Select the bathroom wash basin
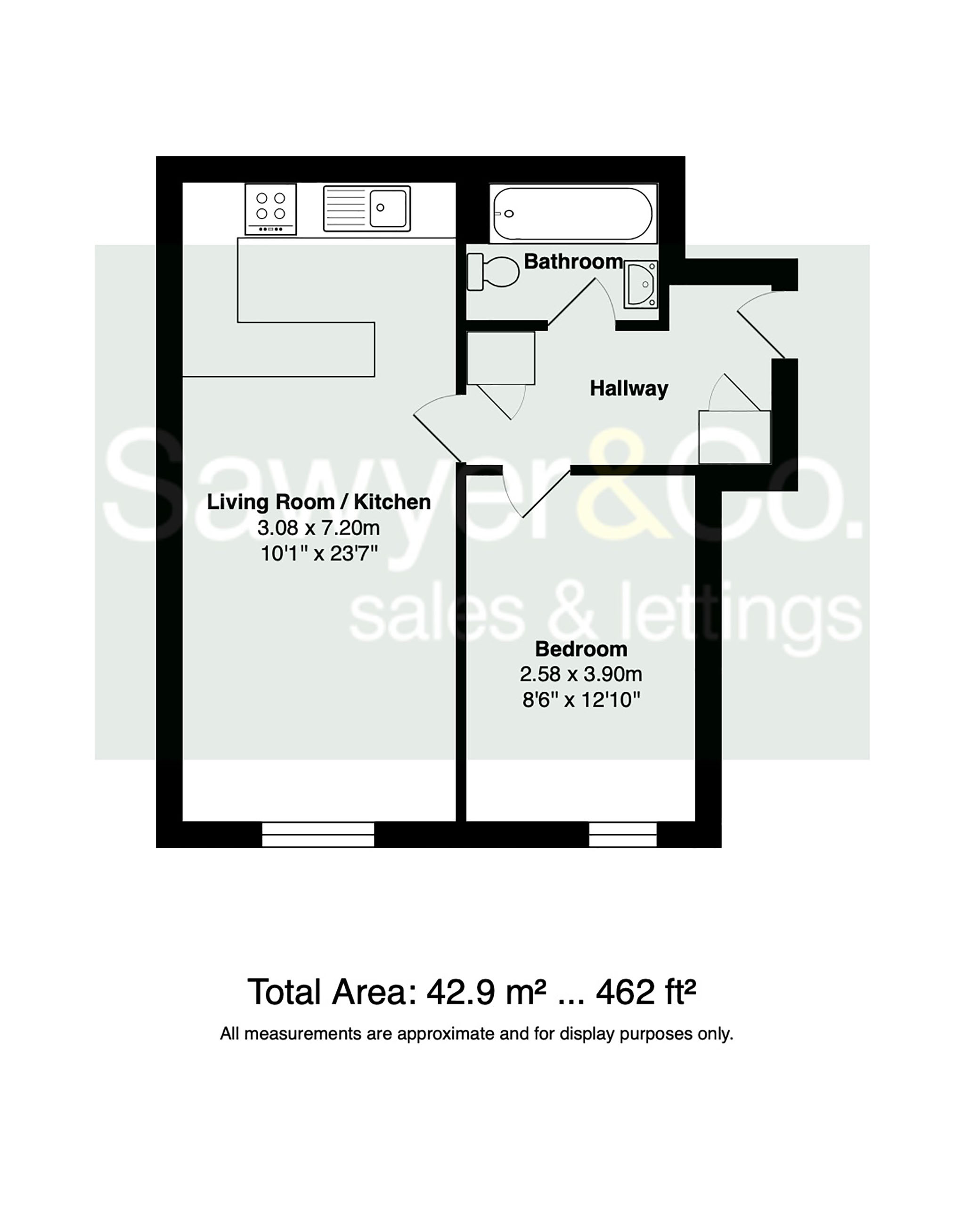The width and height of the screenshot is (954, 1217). click(x=641, y=284)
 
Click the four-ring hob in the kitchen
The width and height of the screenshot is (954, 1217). click(x=271, y=209)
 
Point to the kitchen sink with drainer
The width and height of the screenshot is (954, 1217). click(x=367, y=208)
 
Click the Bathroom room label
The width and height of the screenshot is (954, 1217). click(x=573, y=262)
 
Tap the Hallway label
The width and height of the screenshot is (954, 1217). click(x=629, y=388)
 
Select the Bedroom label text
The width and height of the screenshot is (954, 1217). click(x=581, y=650)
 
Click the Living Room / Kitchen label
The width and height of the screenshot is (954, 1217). click(x=319, y=502)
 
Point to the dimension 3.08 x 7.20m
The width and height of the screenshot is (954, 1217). click(x=319, y=527)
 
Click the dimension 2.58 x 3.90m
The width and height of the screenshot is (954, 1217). click(x=581, y=674)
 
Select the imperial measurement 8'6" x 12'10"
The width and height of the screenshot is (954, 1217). click(x=581, y=699)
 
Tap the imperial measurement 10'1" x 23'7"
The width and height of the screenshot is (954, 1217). click(x=319, y=554)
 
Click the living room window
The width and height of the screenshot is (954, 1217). click(x=318, y=834)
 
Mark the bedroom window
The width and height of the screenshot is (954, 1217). click(x=623, y=834)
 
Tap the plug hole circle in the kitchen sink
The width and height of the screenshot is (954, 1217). click(x=380, y=207)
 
